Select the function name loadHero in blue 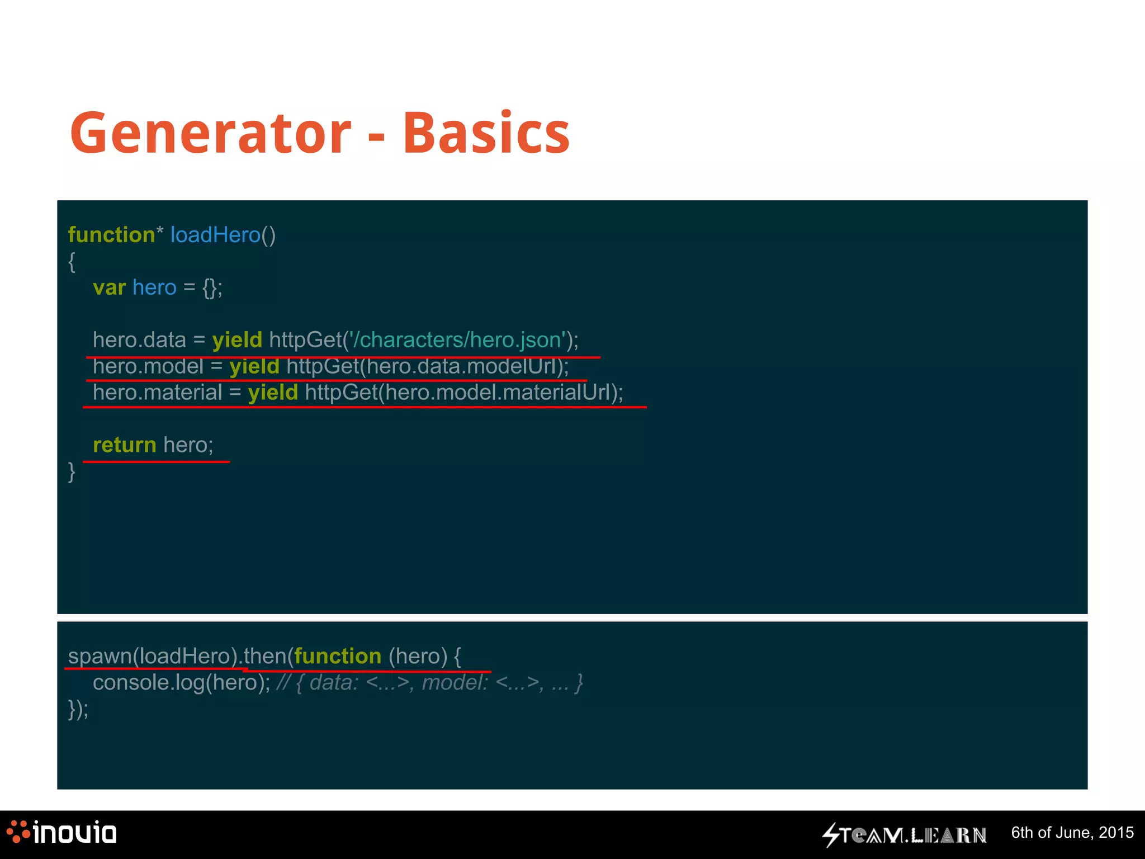215,235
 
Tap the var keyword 109,287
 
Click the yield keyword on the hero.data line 237,340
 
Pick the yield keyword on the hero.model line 254,366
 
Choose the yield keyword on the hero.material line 273,393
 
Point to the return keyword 124,445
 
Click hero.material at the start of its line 158,393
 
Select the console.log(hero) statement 181,683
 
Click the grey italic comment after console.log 429,683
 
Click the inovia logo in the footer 61,833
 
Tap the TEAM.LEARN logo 905,834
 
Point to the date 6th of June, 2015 1072,833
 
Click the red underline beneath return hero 156,462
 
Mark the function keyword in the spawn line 338,656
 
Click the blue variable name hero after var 154,287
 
